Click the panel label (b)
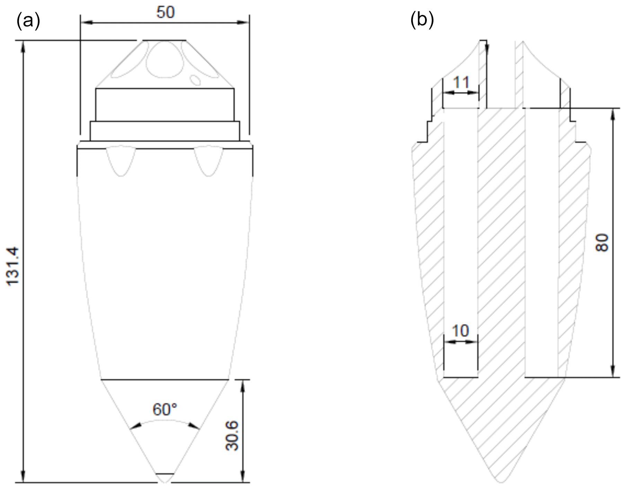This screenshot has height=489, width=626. pyautogui.click(x=422, y=20)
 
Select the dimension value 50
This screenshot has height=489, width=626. pyautogui.click(x=165, y=12)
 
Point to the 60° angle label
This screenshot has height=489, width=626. pyautogui.click(x=165, y=410)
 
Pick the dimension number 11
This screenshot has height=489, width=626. pyautogui.click(x=461, y=83)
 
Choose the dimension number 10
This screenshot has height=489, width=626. pyautogui.click(x=460, y=331)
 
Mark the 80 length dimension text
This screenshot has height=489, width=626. pyautogui.click(x=603, y=242)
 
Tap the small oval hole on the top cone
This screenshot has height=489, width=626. pyautogui.click(x=196, y=80)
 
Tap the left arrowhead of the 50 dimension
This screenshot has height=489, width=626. pyautogui.click(x=85, y=22)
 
